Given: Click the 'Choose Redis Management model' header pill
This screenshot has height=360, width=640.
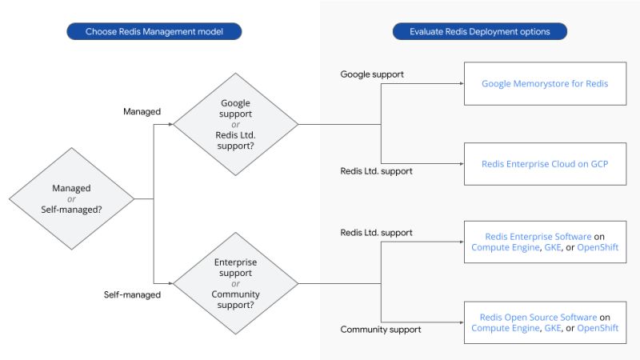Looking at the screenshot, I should click(154, 32).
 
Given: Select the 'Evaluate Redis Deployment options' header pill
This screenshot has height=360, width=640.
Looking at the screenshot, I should click(480, 32).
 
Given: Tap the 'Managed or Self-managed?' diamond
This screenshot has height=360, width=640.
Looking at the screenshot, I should click(71, 198).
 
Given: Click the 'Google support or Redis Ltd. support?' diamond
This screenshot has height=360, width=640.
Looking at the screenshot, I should click(235, 124).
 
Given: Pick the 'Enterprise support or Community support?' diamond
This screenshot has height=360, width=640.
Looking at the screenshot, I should click(235, 283).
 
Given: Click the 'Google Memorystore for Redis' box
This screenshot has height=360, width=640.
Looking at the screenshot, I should click(544, 83).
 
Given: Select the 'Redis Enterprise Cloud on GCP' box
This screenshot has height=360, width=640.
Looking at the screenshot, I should click(544, 163).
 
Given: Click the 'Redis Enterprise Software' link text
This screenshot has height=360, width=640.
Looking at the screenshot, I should click(538, 237).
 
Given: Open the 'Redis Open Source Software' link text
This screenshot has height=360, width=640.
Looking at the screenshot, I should click(538, 317).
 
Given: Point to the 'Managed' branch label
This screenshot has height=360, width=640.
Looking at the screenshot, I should click(142, 112).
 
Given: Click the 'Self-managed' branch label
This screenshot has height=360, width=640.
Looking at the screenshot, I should click(133, 294).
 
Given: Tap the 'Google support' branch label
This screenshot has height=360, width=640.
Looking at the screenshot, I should click(372, 74).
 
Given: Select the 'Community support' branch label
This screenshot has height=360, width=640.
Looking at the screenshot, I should click(381, 329).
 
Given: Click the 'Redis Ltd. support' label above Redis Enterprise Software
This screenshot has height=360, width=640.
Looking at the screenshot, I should click(377, 233).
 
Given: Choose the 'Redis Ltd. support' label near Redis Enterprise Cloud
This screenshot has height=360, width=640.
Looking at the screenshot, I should click(377, 171).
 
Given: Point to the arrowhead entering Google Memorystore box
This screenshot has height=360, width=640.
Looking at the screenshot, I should click(461, 83).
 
